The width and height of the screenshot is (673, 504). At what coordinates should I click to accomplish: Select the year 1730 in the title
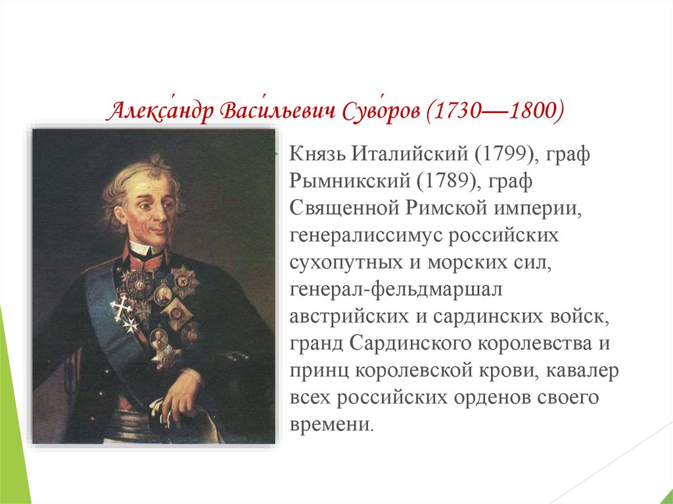click(457, 111)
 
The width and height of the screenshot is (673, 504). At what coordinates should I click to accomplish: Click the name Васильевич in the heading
click(277, 111)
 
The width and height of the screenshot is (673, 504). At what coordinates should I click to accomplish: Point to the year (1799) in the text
click(507, 154)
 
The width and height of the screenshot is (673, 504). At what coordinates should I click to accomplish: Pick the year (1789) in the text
click(448, 181)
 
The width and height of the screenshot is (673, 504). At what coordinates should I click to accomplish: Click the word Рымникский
click(350, 181)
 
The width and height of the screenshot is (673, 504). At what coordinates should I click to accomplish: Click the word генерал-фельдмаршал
click(396, 290)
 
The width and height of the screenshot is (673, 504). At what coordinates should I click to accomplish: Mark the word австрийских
click(349, 317)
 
